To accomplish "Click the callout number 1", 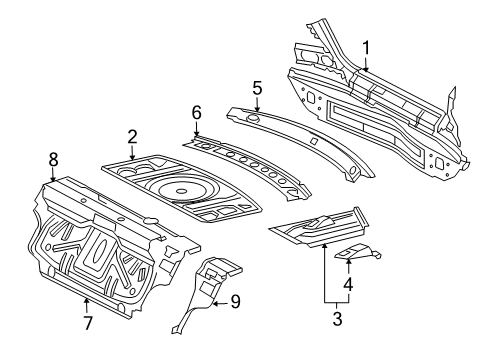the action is [366, 49].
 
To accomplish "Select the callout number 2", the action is [132, 137].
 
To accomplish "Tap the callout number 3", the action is [337, 319].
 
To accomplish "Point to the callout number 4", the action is [348, 284].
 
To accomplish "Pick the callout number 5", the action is [257, 88].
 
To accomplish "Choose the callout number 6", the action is [197, 113].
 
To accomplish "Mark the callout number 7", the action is [87, 322].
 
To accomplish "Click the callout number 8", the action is [53, 159].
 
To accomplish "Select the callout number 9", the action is [235, 302].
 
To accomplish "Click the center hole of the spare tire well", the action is [182, 192].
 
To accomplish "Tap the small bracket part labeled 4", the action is [358, 252].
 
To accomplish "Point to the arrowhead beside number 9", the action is [216, 303].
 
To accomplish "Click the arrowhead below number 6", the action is [197, 133].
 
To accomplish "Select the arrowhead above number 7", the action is [87, 301].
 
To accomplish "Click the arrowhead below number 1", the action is [366, 69].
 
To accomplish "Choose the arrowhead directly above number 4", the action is [348, 261].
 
